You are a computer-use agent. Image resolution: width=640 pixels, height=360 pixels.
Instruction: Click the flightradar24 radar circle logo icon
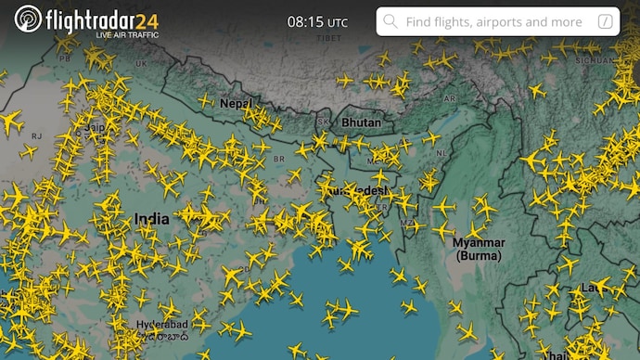(29, 19)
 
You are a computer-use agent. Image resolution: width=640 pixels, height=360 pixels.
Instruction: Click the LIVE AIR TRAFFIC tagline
(126, 34)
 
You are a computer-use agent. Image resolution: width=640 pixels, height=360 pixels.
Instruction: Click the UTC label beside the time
(338, 22)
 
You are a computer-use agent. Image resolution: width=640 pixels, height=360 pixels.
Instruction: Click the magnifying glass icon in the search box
(390, 21)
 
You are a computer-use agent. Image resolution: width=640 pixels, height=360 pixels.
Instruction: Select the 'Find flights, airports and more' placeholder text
(494, 21)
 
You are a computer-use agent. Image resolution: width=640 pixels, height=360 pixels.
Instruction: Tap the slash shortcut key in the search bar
(606, 21)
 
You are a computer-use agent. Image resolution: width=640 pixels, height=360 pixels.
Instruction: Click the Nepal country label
(236, 103)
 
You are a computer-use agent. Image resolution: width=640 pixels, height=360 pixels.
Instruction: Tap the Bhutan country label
(361, 122)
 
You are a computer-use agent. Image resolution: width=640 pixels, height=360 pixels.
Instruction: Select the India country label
(151, 219)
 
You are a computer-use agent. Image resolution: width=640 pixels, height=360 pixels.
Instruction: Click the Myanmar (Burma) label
(478, 249)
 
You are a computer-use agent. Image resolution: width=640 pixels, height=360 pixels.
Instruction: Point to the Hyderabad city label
(162, 325)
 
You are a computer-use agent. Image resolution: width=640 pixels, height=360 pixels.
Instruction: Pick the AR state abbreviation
(451, 96)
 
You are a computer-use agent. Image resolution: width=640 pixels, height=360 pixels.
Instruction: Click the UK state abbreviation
(141, 63)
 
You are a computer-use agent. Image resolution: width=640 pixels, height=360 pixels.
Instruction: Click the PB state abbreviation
(66, 58)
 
